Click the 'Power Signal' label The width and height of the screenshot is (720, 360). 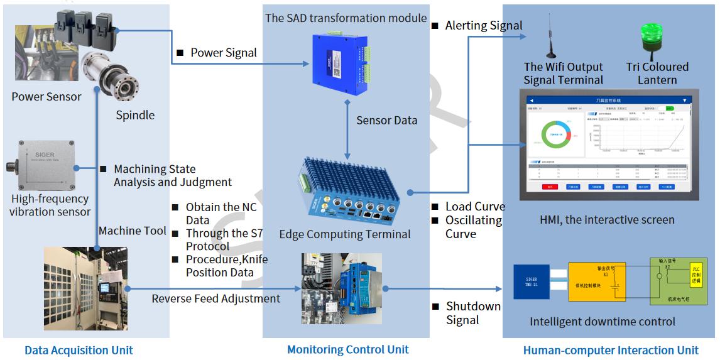click(x=224, y=53)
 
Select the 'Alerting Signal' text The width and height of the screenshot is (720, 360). click(x=483, y=26)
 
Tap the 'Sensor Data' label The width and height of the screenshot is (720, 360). click(x=386, y=120)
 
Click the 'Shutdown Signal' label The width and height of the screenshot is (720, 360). click(x=473, y=313)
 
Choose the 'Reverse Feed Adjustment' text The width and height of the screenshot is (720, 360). click(x=215, y=298)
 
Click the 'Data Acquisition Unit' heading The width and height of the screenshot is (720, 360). click(x=79, y=351)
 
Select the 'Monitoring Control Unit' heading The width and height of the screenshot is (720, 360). click(x=347, y=349)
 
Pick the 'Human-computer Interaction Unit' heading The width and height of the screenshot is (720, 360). click(x=611, y=351)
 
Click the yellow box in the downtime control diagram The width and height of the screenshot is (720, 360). click(x=596, y=281)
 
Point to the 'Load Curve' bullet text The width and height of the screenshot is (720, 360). click(x=475, y=207)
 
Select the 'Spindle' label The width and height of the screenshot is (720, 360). click(x=135, y=115)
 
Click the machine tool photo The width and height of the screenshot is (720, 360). click(x=85, y=288)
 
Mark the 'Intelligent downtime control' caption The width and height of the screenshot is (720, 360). click(x=602, y=322)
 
